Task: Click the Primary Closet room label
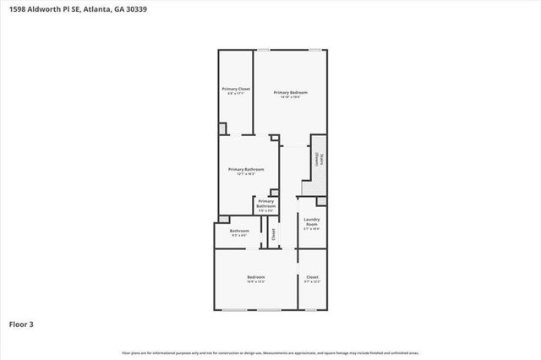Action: click(x=237, y=89)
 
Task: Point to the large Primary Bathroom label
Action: click(x=247, y=169)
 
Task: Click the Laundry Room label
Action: click(x=311, y=221)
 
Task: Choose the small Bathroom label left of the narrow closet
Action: click(x=239, y=231)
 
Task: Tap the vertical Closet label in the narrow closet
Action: click(x=273, y=232)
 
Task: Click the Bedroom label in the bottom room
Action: click(x=256, y=277)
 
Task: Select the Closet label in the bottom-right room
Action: click(x=312, y=277)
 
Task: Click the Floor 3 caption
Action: click(x=22, y=323)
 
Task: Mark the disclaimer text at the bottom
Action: click(x=270, y=352)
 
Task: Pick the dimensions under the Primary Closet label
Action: click(x=237, y=94)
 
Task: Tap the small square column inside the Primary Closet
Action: click(x=223, y=128)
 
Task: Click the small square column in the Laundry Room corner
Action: click(x=320, y=201)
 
